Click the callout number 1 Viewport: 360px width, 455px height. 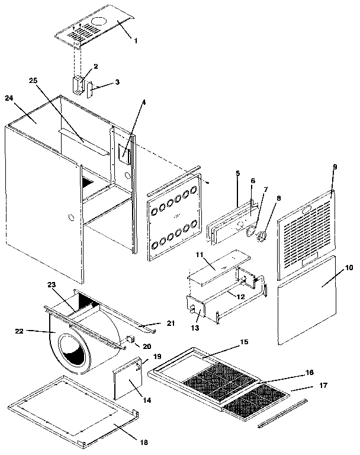(x=136, y=41)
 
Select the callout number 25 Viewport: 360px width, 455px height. (x=33, y=80)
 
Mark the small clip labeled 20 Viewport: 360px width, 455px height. (x=129, y=339)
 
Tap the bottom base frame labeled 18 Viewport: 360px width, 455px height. (x=71, y=409)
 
